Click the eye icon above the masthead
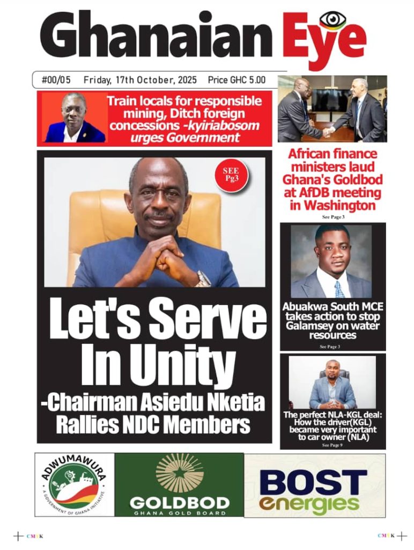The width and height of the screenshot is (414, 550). tap(332, 21)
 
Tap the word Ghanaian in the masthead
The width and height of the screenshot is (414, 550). tap(156, 37)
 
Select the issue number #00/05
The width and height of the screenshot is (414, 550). tap(56, 80)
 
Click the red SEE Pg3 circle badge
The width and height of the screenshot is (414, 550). tap(231, 175)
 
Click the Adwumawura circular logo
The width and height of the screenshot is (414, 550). tap(74, 484)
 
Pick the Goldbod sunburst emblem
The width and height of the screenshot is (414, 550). tap(180, 473)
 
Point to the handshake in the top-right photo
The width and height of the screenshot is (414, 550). tap(328, 131)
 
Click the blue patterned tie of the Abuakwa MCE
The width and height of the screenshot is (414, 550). tap(339, 290)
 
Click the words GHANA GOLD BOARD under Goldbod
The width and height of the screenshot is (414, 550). tap(180, 512)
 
